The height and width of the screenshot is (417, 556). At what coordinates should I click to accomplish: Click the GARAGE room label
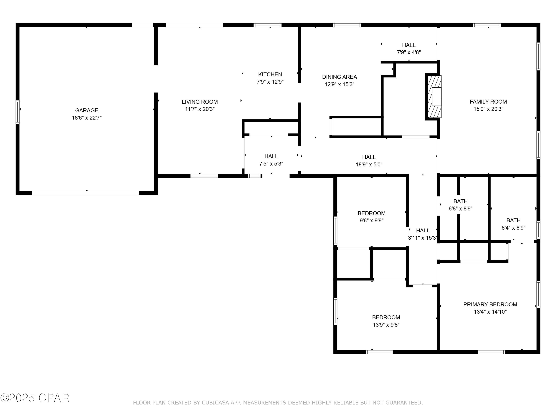(87, 110)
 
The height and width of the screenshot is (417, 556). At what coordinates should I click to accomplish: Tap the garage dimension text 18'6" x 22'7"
(87, 118)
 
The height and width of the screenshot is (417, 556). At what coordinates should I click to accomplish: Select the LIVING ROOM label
(200, 102)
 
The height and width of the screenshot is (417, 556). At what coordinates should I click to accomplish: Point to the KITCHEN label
(270, 74)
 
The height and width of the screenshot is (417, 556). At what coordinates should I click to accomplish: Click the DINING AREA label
(339, 77)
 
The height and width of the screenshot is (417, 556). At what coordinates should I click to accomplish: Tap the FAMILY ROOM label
(488, 102)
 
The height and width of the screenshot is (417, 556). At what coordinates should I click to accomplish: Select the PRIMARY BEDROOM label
(490, 304)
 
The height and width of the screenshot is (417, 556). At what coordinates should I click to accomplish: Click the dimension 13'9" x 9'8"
(386, 325)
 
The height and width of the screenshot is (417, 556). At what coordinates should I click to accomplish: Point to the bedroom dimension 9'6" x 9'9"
(372, 220)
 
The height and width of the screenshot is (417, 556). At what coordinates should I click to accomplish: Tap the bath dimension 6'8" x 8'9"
(461, 209)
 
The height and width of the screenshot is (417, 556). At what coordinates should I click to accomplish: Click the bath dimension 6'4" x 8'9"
(513, 228)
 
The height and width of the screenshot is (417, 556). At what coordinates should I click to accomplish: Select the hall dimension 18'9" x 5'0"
(369, 165)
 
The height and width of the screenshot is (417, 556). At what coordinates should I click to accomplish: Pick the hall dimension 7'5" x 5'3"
(271, 164)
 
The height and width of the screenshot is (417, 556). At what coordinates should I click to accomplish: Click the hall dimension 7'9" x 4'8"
(409, 52)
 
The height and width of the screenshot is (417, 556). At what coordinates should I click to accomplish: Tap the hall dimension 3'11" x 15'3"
(423, 238)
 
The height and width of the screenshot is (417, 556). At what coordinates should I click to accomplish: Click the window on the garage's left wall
(18, 112)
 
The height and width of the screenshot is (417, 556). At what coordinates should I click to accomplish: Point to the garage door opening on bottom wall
(85, 193)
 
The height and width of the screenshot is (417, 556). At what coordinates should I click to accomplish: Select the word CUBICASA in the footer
(215, 403)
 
